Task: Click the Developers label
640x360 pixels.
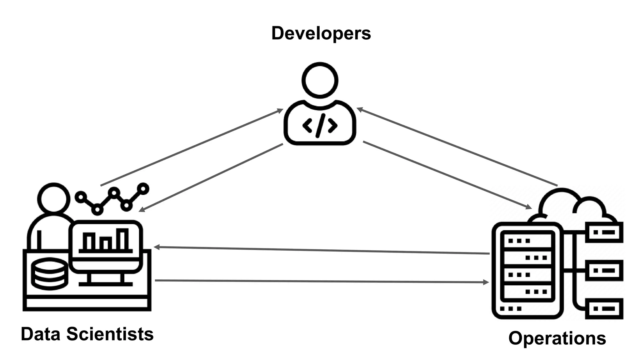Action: coord(321,33)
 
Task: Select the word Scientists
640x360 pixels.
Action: coord(110,334)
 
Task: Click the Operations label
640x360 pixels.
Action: coord(557,338)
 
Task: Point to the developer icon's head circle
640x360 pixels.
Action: coord(320,80)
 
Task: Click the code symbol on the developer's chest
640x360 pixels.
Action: coord(320,126)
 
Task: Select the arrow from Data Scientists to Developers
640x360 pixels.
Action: coord(191,147)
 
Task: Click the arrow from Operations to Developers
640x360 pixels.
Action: coord(457,147)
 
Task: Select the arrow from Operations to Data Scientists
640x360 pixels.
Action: coord(322,250)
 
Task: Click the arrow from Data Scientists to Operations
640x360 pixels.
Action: coord(322,281)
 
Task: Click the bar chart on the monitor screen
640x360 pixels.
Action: coord(106,241)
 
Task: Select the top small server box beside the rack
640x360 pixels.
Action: coord(604,232)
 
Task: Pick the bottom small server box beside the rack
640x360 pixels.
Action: coord(604,308)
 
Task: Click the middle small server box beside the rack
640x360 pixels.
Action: coord(604,270)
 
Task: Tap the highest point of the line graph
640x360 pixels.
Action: coord(143,188)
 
